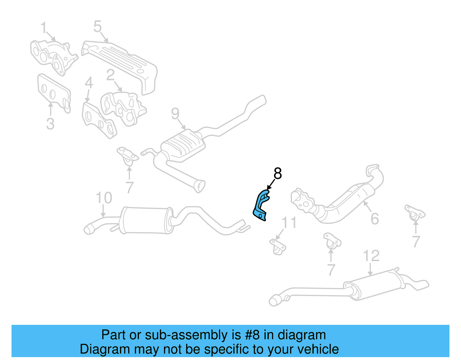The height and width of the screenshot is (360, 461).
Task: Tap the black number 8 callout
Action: coord(277,174)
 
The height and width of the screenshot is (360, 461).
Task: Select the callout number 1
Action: coord(44,28)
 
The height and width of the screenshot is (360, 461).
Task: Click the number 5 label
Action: coord(97,27)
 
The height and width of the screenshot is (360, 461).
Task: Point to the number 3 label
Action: coord(50,124)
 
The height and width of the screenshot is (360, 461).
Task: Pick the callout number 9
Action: coord(175,114)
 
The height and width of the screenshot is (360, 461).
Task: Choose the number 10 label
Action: coord(104,198)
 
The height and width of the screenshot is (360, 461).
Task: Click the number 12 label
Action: coord(371,256)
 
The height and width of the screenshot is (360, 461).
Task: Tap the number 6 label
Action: coord(375,219)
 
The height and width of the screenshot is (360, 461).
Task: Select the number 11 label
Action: coord(289,223)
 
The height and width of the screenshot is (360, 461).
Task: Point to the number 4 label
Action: coord(89,83)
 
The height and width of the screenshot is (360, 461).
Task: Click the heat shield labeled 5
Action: coord(121,63)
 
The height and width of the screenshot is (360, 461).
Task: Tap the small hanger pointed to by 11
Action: coord(278,246)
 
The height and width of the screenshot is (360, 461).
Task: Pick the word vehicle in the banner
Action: coord(318,349)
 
